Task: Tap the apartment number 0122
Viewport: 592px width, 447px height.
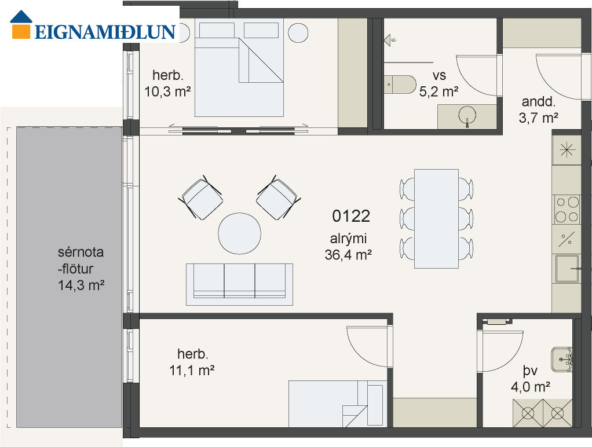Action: point(351,217)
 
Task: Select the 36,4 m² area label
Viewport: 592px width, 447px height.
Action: point(348,255)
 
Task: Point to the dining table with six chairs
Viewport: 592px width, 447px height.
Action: point(436,219)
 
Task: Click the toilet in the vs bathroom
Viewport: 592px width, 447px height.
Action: point(400,85)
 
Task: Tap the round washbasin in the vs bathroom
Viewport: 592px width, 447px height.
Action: point(467,116)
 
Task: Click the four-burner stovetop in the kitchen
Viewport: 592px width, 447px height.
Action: point(567,210)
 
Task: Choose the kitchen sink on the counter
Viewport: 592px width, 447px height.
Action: point(567,269)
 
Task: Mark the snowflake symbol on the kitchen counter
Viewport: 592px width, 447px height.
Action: point(567,151)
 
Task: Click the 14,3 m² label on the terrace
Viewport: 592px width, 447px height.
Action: point(81,285)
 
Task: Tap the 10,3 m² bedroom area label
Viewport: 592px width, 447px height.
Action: point(167,91)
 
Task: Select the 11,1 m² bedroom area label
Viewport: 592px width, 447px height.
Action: point(192,371)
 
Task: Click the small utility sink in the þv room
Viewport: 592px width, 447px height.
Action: point(562,360)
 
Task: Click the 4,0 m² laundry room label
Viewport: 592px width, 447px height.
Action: point(530,387)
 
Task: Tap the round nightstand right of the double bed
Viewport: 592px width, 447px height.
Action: point(298,32)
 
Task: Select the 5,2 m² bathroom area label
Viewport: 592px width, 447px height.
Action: point(438,91)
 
